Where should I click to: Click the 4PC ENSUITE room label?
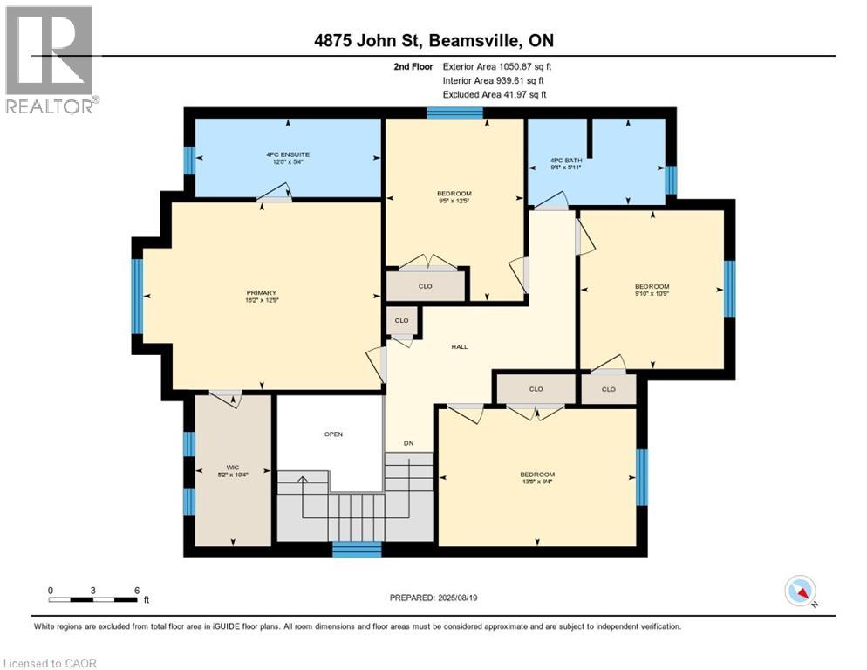coord(288,154)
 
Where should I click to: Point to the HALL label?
coord(460,346)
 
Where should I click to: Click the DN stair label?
coord(408,443)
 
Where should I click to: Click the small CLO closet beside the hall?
coord(401,320)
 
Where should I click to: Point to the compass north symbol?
coord(800,591)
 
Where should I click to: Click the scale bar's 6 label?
coord(137,590)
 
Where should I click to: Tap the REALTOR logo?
coord(50,59)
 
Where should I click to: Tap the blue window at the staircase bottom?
coord(358,550)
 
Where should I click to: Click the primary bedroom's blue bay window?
coord(137,297)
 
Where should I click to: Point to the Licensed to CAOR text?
coord(51,663)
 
